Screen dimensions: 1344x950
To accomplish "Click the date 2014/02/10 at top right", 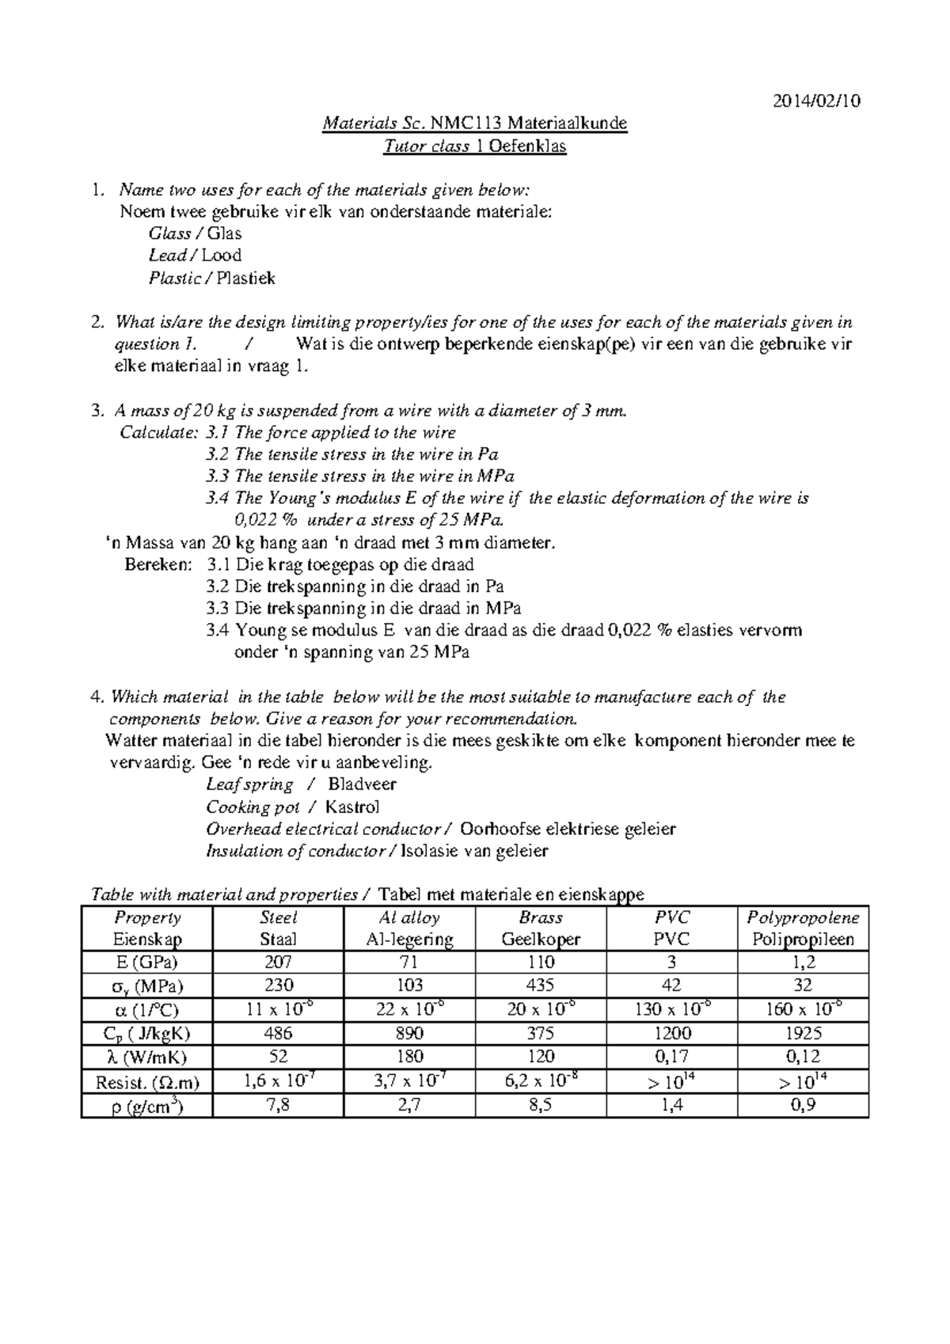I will pyautogui.click(x=817, y=101).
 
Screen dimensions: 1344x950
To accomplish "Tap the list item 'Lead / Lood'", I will pyautogui.click(x=195, y=256).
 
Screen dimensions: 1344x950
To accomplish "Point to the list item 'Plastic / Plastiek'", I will pyautogui.click(x=211, y=278).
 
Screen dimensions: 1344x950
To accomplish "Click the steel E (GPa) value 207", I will pyautogui.click(x=279, y=962).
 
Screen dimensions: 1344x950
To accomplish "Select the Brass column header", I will pyautogui.click(x=541, y=928).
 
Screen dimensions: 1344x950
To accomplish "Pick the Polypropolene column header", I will pyautogui.click(x=804, y=928).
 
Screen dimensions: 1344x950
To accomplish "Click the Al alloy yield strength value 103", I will pyautogui.click(x=409, y=985).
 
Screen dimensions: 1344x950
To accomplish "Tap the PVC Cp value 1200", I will pyautogui.click(x=672, y=1034).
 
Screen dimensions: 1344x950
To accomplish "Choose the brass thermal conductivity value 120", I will pyautogui.click(x=541, y=1057).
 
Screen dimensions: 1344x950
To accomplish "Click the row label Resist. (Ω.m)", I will pyautogui.click(x=147, y=1082).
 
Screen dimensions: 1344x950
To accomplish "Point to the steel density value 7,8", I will pyautogui.click(x=279, y=1106).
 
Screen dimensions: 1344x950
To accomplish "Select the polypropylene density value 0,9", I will pyautogui.click(x=804, y=1106).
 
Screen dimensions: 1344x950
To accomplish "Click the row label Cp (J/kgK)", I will pyautogui.click(x=147, y=1034).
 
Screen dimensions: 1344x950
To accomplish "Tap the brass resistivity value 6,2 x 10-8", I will pyautogui.click(x=541, y=1081).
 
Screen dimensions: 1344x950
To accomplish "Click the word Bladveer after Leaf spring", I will pyautogui.click(x=362, y=785).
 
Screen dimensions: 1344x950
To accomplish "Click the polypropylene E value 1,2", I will pyautogui.click(x=804, y=962).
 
